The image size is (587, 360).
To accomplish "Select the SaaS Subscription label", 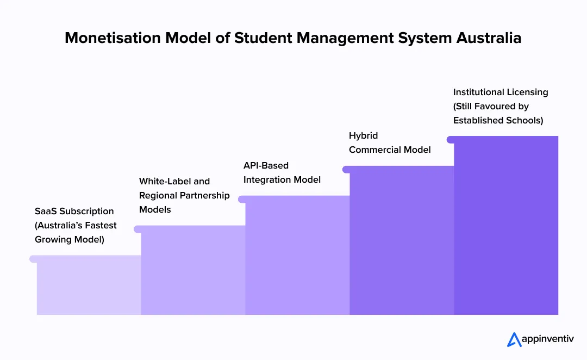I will (74, 211).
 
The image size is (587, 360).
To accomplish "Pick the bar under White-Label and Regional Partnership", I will (193, 272).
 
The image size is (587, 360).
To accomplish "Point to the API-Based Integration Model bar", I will (297, 256).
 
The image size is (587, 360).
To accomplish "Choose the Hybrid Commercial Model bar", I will (402, 242).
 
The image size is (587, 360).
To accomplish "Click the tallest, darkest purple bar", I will (506, 226).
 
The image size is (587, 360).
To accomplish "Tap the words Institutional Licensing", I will (501, 92).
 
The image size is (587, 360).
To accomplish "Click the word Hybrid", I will (363, 135).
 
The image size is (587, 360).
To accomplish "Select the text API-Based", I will (266, 165).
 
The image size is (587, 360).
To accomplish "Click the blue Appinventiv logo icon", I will (514, 339).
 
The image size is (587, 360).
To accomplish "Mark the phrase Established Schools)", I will (498, 120).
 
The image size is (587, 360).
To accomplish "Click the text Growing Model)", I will (69, 239).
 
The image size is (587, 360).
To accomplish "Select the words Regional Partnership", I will (184, 195).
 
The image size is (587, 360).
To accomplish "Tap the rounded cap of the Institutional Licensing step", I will (451, 140).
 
